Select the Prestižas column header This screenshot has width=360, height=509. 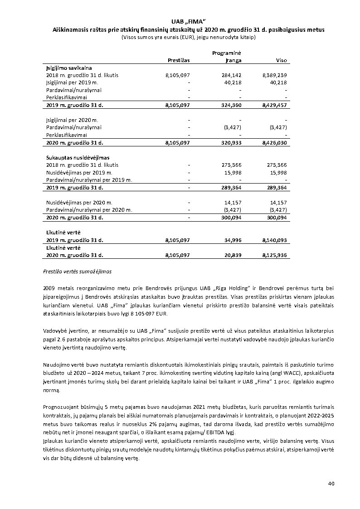pos(179,60)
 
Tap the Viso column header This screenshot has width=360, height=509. pos(281,60)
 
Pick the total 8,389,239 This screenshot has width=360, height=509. pos(274,75)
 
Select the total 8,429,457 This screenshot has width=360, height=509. pos(274,105)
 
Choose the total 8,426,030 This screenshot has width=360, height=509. pos(274,143)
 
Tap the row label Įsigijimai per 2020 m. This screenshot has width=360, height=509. pos(72,120)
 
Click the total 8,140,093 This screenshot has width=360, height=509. pos(274,240)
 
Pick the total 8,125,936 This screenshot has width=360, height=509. pos(274,256)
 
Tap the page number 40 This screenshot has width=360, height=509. pos(331,484)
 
